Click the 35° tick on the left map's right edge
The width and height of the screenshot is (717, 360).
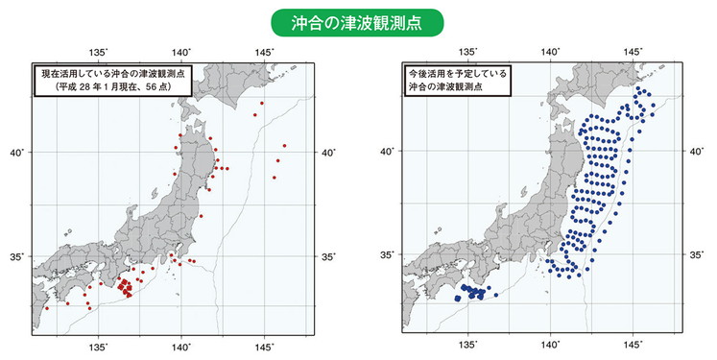(x=327, y=257)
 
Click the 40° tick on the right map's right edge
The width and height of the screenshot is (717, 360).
(x=697, y=151)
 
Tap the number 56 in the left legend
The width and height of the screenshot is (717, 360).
(x=150, y=85)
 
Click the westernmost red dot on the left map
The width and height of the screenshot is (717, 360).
(x=46, y=308)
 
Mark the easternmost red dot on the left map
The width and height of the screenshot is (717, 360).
(x=285, y=146)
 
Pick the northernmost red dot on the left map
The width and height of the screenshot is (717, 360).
(x=262, y=102)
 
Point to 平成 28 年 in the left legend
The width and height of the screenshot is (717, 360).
(x=79, y=85)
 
